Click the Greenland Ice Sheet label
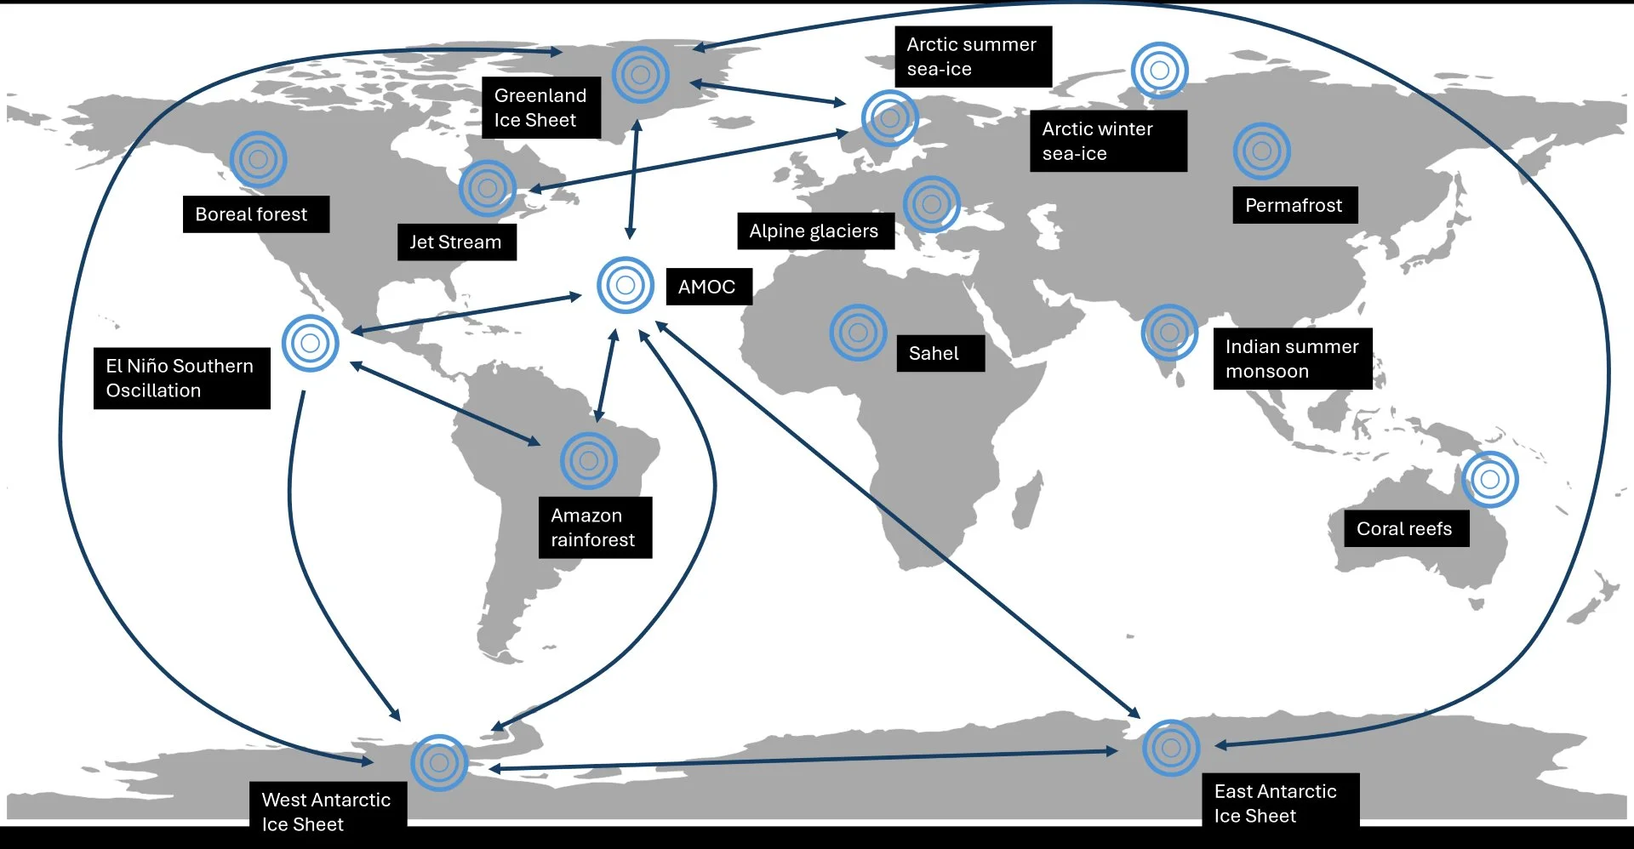click(x=540, y=108)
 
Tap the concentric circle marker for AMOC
click(x=625, y=285)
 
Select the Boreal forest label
click(x=255, y=214)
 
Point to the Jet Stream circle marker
click(x=487, y=188)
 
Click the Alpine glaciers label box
click(x=814, y=231)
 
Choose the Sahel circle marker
click(x=858, y=333)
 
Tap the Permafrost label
click(x=1294, y=206)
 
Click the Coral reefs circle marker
click(x=1489, y=480)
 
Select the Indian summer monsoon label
click(x=1292, y=359)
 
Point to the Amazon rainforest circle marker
click(x=588, y=461)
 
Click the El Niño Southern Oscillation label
click(x=181, y=379)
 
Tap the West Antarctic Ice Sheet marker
click(x=439, y=763)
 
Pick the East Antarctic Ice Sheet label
click(x=1279, y=803)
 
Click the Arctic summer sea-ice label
click(x=972, y=57)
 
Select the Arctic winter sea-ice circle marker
click(x=1158, y=70)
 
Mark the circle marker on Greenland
click(x=641, y=75)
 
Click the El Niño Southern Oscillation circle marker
click(x=310, y=344)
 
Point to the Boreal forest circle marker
click(x=258, y=159)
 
